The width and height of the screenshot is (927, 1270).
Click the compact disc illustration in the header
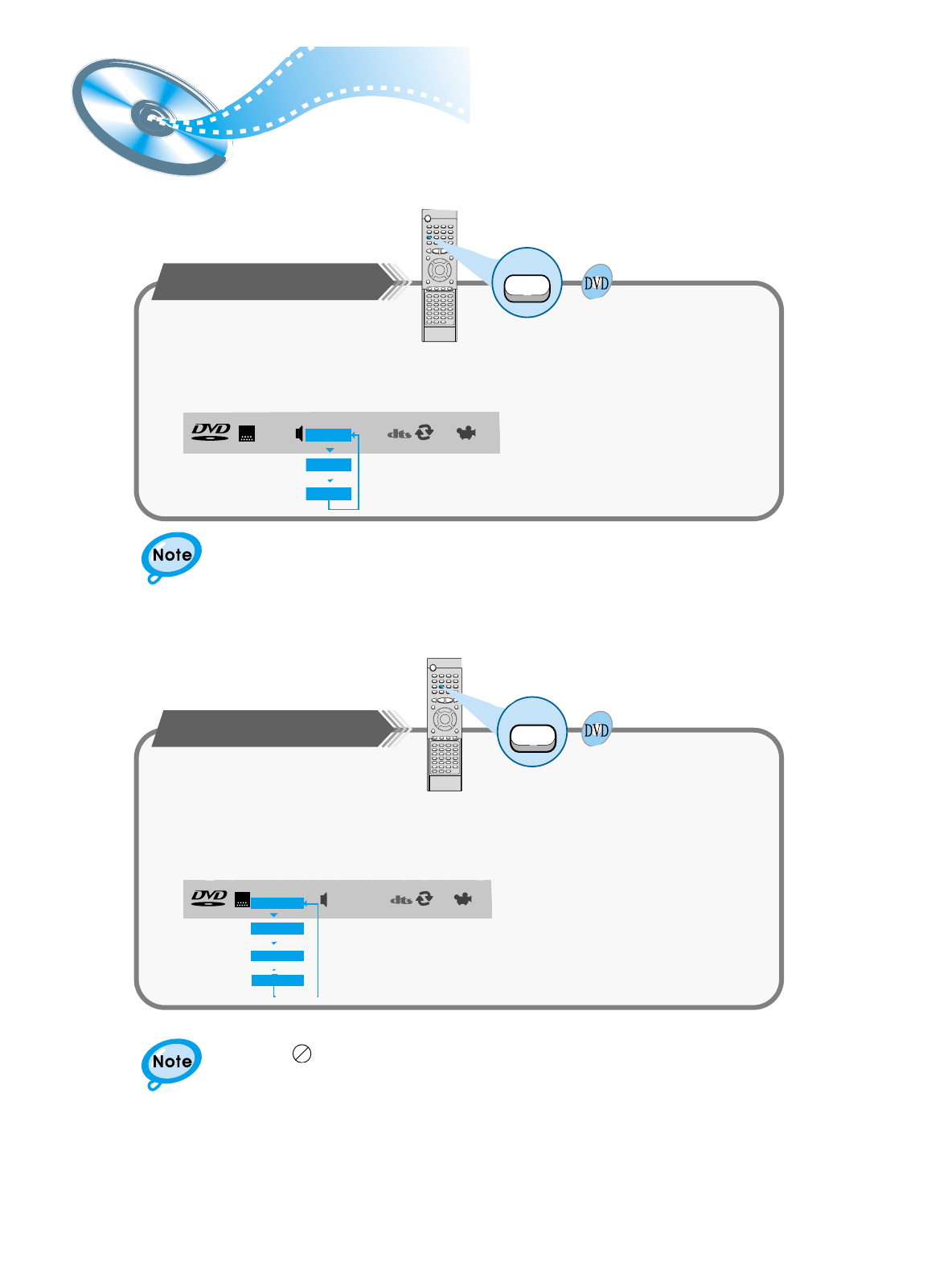click(x=149, y=117)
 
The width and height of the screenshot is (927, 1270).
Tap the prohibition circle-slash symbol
click(x=301, y=1054)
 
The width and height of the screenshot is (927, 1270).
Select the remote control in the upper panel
click(x=439, y=276)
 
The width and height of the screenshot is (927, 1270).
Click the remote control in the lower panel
click(x=445, y=724)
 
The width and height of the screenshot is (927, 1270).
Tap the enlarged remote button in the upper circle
click(x=527, y=288)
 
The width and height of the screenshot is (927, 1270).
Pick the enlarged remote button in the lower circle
click(x=532, y=737)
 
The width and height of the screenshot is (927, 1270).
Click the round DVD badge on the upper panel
click(x=597, y=282)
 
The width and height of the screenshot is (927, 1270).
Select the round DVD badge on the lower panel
click(x=597, y=730)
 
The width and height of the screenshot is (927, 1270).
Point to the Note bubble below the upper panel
click(x=171, y=556)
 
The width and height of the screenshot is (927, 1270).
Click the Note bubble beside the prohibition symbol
click(x=171, y=1062)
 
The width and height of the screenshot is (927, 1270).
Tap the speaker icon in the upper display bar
click(x=299, y=434)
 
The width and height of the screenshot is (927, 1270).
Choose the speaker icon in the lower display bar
click(x=324, y=898)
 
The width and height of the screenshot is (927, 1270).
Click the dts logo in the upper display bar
click(x=400, y=434)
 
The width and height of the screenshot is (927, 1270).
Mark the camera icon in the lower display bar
click(x=462, y=898)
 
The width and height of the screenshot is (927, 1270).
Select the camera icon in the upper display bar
click(x=466, y=433)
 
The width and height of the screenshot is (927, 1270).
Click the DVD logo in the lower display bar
click(x=209, y=898)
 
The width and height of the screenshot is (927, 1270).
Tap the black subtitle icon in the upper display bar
click(x=247, y=434)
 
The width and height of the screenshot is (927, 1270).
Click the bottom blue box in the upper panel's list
click(x=328, y=494)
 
